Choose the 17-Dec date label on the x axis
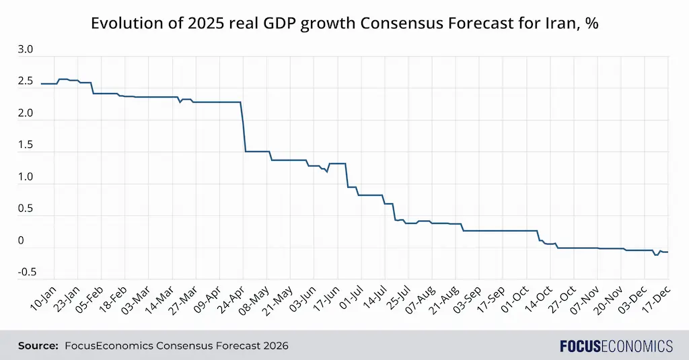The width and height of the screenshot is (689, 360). (657, 297)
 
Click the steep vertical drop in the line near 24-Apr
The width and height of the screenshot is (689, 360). (244, 128)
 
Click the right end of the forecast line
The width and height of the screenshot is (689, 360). (667, 252)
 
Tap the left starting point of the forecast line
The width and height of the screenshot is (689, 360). (42, 83)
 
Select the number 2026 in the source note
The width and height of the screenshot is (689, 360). (276, 346)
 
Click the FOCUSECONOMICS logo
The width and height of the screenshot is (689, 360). (616, 346)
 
